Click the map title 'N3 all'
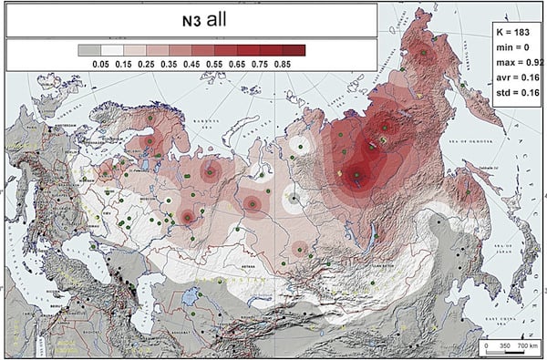point(190,18)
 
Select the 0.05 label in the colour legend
point(88,65)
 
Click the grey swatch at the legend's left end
point(88,50)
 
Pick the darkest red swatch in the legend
point(293,50)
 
